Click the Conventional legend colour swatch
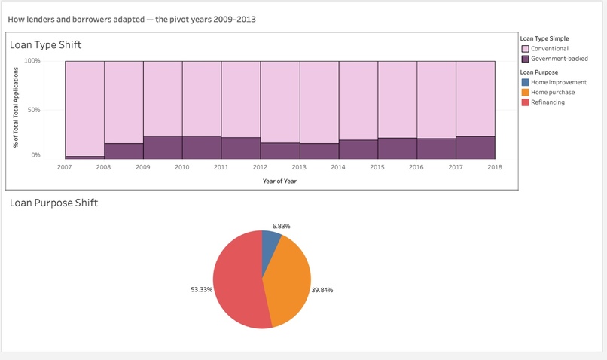[525, 49]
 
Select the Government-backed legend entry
[559, 59]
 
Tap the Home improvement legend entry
[559, 82]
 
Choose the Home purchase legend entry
[553, 92]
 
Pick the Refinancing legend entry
[548, 102]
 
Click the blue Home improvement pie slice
[270, 244]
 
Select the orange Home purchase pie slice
[290, 282]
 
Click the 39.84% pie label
[322, 289]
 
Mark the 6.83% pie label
[281, 226]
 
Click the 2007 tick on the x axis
[65, 167]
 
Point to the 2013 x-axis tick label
[299, 167]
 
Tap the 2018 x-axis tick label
[495, 167]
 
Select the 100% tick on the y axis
[32, 60]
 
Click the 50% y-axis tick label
[34, 110]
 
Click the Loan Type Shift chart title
[45, 45]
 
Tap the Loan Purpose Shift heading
[53, 203]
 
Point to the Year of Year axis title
[279, 181]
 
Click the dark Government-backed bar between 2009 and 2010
[163, 147]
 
